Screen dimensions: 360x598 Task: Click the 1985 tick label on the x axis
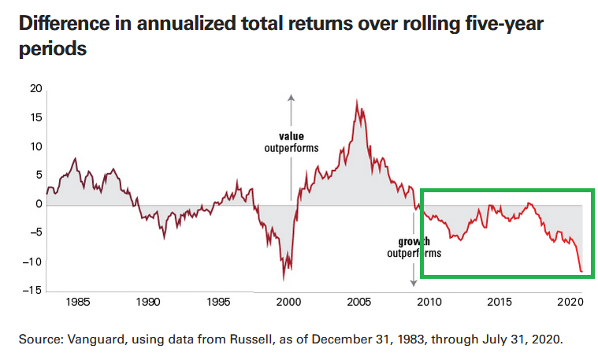pos(78,302)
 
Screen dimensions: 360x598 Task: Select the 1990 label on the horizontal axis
pos(148,302)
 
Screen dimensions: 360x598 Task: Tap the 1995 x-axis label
pos(218,302)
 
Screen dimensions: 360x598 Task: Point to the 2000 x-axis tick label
pos(288,302)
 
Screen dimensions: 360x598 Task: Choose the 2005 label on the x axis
pos(358,302)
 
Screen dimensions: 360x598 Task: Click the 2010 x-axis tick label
pos(429,302)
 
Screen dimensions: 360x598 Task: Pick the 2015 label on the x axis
pos(499,302)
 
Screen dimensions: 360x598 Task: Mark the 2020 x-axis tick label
pos(569,302)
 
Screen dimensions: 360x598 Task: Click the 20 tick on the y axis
pos(35,88)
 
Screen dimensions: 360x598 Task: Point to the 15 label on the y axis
pos(35,117)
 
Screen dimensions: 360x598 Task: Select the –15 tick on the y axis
pos(32,291)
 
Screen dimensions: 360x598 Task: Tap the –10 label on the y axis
pos(32,262)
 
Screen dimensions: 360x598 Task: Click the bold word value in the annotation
pos(291,135)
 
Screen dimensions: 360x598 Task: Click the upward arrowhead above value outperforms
pos(291,98)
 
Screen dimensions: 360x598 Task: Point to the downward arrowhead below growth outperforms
pos(413,282)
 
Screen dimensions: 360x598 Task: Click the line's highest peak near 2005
pos(357,101)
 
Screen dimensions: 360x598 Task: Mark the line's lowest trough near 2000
pos(284,280)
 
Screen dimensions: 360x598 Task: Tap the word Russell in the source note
pos(228,340)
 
